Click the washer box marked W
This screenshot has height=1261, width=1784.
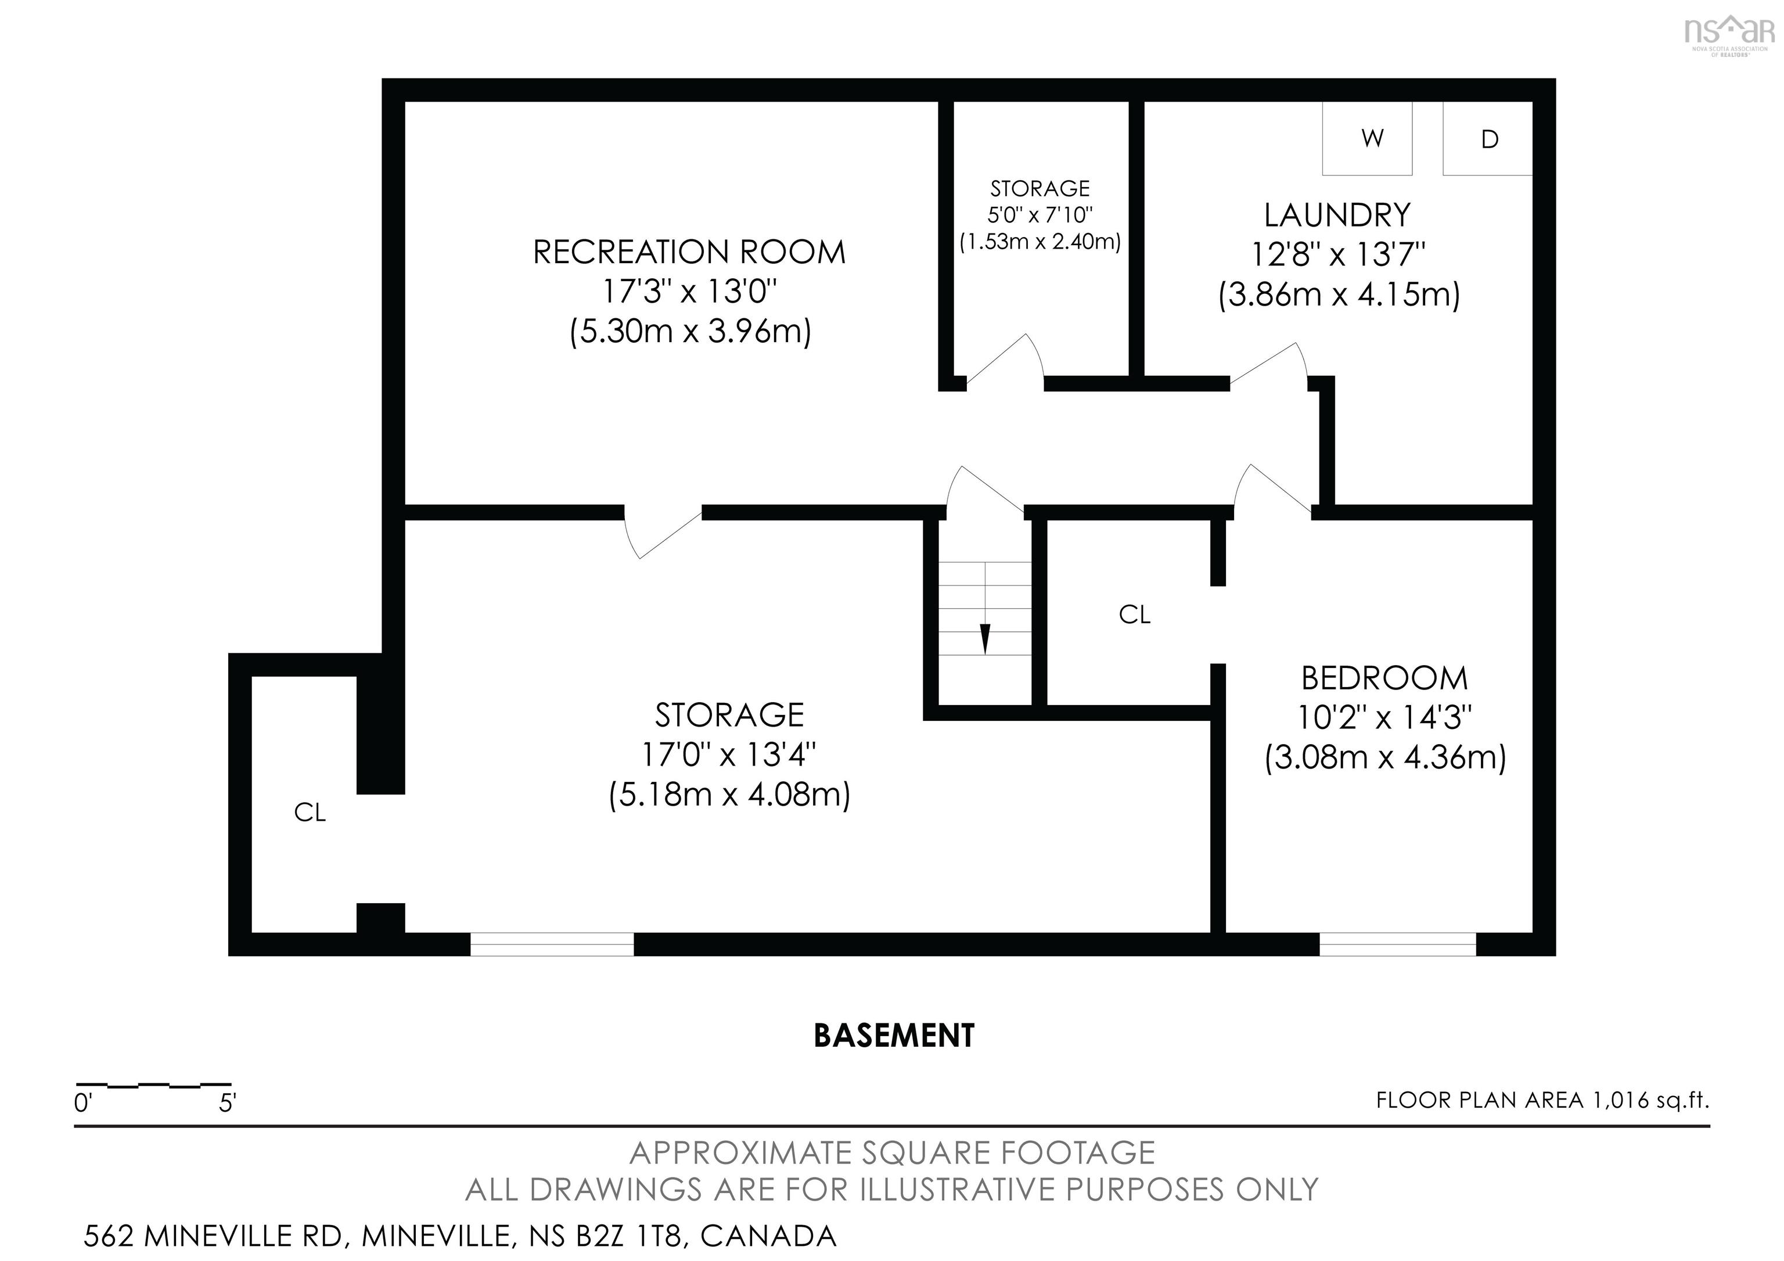(x=1368, y=138)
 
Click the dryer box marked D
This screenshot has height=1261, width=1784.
(x=1487, y=138)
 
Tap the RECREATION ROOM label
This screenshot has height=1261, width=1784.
(x=689, y=253)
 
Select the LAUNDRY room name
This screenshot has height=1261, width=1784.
(x=1337, y=214)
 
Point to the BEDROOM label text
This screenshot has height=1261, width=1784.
(x=1384, y=678)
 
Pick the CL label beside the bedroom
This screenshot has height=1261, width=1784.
(x=1134, y=615)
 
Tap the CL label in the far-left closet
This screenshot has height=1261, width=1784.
(x=310, y=812)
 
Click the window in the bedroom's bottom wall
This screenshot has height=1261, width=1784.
(x=1398, y=944)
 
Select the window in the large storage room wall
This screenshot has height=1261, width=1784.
(x=552, y=944)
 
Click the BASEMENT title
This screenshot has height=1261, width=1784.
(x=894, y=1036)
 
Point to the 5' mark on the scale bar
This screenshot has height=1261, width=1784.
(x=227, y=1102)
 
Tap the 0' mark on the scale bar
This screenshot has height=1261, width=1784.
(x=83, y=1102)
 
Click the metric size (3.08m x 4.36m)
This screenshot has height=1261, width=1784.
(x=1386, y=757)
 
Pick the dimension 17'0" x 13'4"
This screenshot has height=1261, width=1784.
(x=729, y=754)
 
